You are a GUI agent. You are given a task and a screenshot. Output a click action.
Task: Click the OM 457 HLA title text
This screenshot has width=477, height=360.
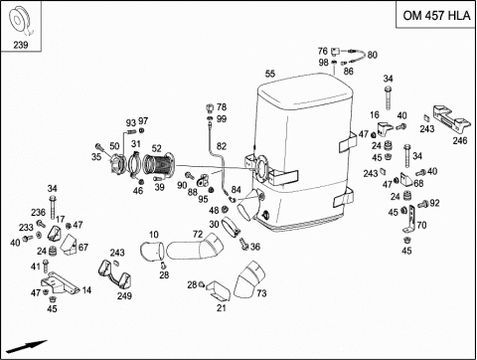pyautogui.click(x=436, y=15)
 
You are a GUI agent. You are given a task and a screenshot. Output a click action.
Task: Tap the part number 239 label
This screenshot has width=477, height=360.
pyautogui.click(x=21, y=45)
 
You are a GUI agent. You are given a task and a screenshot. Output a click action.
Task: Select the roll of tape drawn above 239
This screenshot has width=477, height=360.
pyautogui.click(x=20, y=21)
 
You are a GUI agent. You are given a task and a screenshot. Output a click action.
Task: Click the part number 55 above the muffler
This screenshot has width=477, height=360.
pyautogui.click(x=270, y=74)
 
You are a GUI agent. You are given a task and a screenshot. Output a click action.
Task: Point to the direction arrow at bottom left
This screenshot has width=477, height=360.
pyautogui.click(x=27, y=346)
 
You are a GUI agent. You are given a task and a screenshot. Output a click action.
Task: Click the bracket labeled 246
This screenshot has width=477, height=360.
pyautogui.click(x=452, y=120)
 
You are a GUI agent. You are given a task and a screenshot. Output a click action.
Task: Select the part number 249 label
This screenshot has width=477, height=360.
pyautogui.click(x=124, y=295)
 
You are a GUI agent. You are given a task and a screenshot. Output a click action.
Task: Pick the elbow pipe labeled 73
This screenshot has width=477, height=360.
pyautogui.click(x=249, y=279)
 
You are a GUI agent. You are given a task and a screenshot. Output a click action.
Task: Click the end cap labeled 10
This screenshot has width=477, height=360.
pyautogui.click(x=152, y=252)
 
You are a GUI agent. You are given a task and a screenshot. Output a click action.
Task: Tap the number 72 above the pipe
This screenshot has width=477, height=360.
pyautogui.click(x=198, y=235)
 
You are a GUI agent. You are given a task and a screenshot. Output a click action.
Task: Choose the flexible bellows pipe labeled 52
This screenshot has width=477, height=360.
pyautogui.click(x=158, y=163)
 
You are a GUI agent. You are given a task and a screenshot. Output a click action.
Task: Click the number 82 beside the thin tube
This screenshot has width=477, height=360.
pyautogui.click(x=222, y=146)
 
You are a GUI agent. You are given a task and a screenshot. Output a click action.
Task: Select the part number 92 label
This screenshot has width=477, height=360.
pyautogui.click(x=434, y=203)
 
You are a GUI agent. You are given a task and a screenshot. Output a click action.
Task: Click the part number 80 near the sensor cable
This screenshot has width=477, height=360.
pyautogui.click(x=373, y=55)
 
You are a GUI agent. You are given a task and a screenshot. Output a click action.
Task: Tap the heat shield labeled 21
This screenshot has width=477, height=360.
pyautogui.click(x=219, y=291)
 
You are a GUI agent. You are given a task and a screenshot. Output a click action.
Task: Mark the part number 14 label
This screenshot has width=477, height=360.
pyautogui.click(x=86, y=290)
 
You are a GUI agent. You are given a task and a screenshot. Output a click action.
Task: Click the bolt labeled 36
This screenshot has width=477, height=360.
pyautogui.click(x=244, y=244)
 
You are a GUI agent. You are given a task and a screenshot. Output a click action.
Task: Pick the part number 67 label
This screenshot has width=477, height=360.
pyautogui.click(x=83, y=248)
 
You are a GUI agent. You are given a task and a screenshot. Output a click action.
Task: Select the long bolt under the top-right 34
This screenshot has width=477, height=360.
pyautogui.click(x=389, y=97)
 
